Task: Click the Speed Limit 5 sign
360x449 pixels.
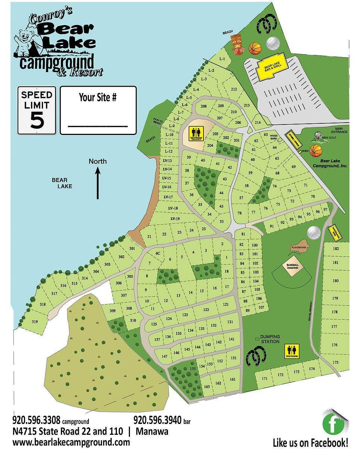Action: click(37, 110)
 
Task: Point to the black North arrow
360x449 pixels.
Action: click(98, 183)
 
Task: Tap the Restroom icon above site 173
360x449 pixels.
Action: click(292, 351)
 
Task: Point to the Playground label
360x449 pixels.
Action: click(299, 247)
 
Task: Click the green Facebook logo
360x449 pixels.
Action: click(333, 424)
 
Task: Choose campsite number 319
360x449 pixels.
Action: click(35, 322)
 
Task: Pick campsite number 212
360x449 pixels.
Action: click(234, 89)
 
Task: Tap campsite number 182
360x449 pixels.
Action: click(335, 249)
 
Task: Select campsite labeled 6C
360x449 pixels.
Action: click(158, 253)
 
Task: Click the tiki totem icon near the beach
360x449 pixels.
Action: click(235, 44)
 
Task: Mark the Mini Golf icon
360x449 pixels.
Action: click(318, 135)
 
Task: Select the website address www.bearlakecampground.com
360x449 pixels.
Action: click(71, 442)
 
